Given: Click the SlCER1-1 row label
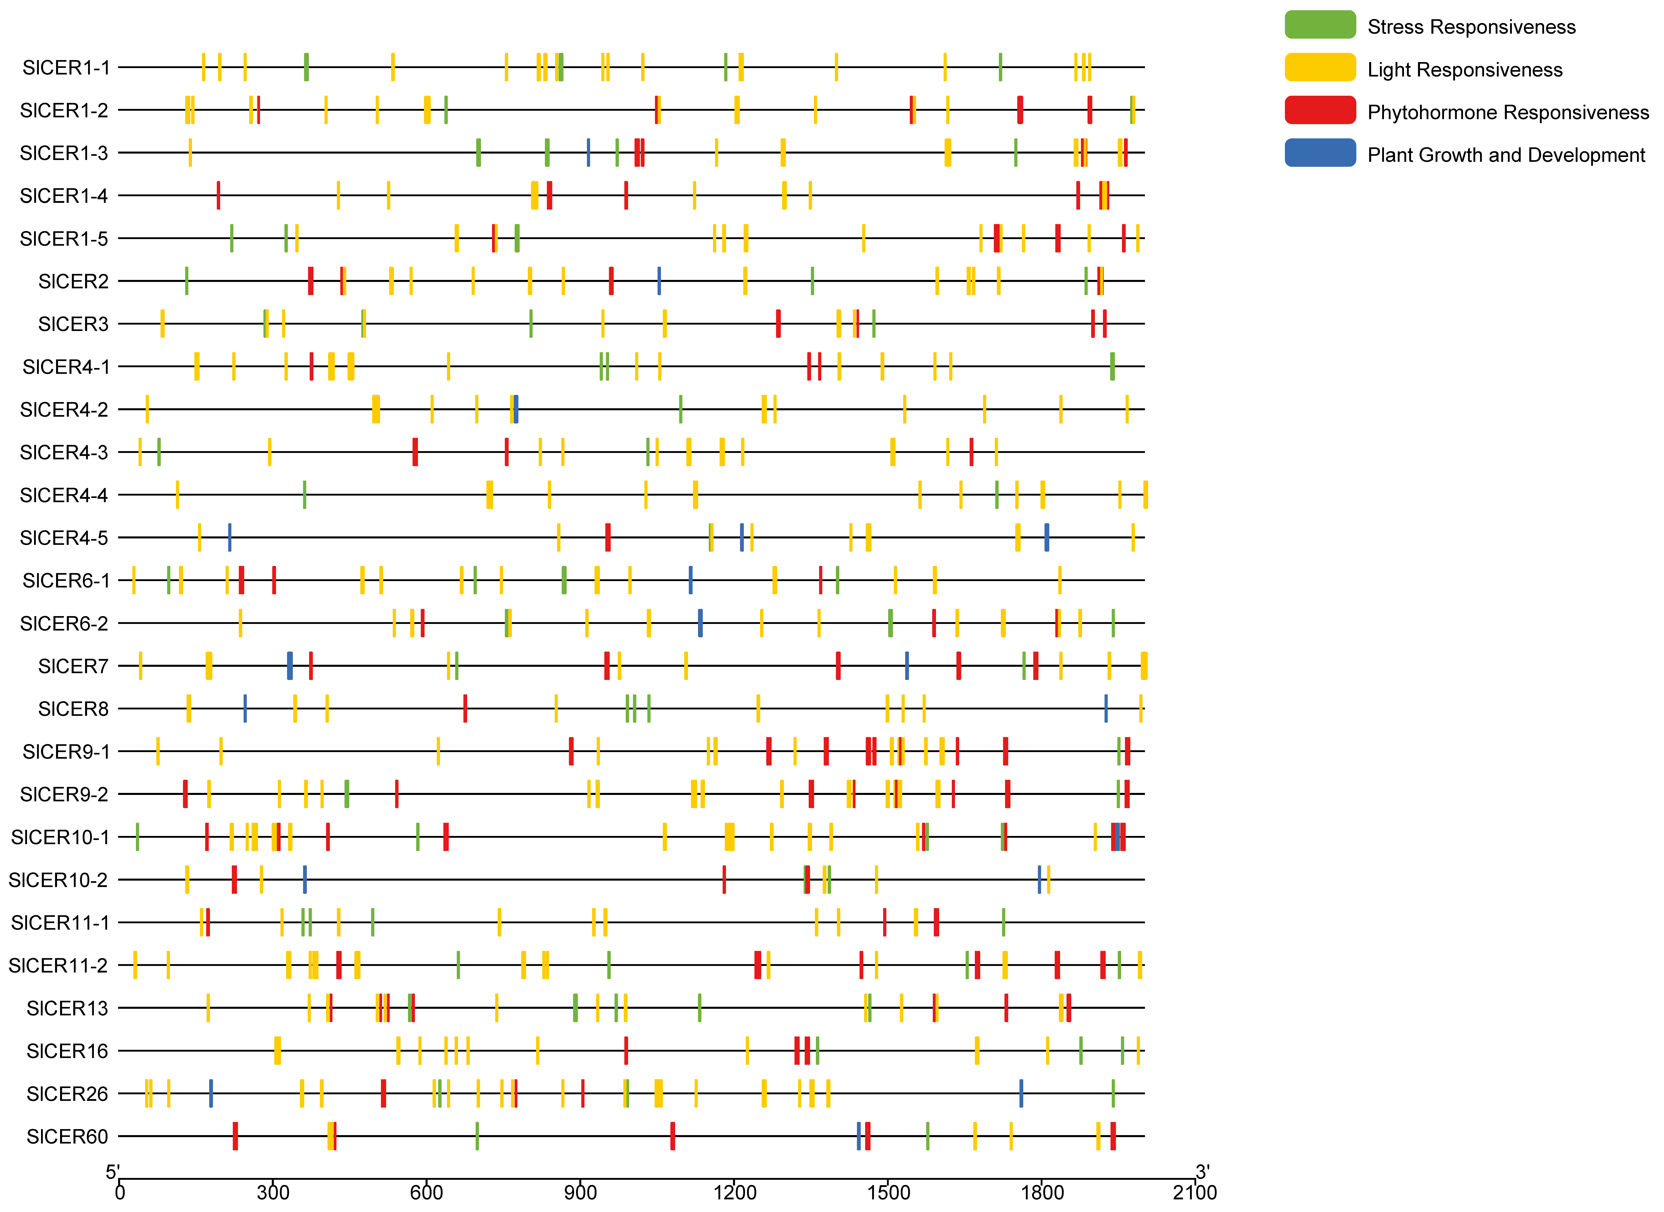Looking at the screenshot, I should (66, 67).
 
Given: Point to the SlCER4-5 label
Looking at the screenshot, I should (64, 538).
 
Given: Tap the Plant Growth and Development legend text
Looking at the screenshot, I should (1505, 155).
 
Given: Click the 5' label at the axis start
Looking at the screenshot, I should (112, 1172).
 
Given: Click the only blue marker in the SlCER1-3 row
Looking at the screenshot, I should (588, 153).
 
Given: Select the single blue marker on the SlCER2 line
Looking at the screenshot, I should (659, 281).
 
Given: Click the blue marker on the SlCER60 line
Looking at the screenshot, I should (858, 1136).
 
